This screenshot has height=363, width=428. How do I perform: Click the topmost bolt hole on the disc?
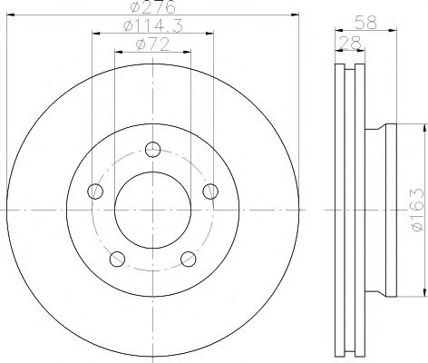(152, 149)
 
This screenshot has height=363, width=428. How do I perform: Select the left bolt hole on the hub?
(94, 191)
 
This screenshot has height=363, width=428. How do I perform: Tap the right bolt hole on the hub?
(210, 191)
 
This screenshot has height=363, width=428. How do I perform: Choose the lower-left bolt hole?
(116, 260)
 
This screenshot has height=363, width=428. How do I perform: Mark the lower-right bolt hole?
(188, 260)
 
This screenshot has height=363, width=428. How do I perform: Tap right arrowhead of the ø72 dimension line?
(188, 52)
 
